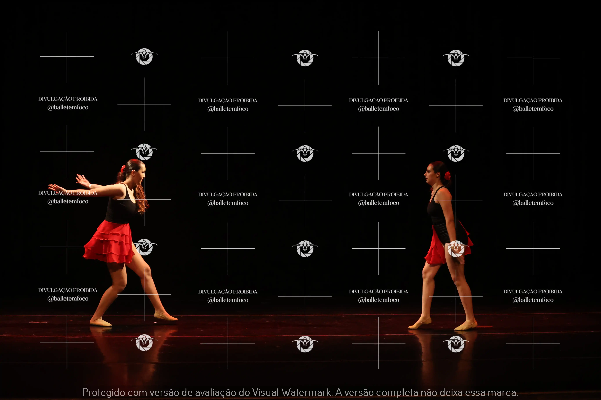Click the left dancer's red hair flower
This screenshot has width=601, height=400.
[x=123, y=168]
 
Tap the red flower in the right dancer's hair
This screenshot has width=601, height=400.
[x=447, y=176]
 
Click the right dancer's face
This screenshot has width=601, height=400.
[x=429, y=173]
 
